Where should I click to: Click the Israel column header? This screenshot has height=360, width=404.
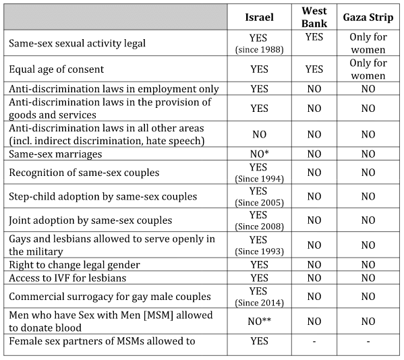259,18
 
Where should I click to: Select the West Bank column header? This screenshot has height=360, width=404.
314,17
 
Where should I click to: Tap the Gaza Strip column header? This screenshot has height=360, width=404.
368,18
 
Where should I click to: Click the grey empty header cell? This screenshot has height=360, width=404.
115,17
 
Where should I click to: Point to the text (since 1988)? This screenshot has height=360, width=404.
259,49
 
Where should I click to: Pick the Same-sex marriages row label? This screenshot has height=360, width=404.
55,154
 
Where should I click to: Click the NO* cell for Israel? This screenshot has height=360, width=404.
259,154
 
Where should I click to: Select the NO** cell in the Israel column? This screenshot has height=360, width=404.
259,321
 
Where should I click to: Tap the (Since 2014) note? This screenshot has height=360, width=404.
259,303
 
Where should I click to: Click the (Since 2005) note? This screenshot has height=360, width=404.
259,203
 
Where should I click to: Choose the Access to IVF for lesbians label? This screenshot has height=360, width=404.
67,278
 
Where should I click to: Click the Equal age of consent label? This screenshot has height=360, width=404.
57,69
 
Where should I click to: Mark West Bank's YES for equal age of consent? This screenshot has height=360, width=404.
314,69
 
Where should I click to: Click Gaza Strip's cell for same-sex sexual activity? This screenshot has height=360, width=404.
368,43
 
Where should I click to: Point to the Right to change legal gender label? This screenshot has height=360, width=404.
74,265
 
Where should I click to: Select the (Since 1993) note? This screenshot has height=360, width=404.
259,251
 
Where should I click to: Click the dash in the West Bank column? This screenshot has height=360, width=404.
314,342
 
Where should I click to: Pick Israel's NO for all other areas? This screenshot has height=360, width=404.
259,134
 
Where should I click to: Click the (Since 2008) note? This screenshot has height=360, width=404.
259,227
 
